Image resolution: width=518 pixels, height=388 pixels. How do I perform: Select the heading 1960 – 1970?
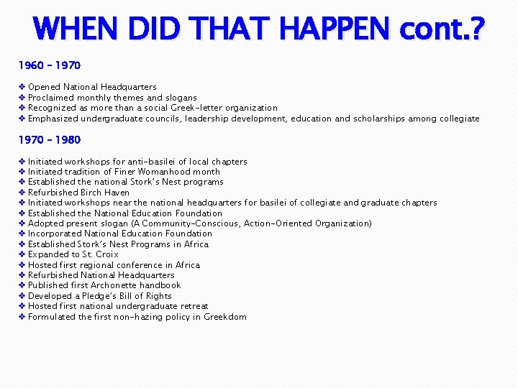pos(49,65)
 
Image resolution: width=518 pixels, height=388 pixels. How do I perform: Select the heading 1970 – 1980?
pos(49,139)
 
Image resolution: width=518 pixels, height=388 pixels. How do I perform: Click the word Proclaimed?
pos(50,98)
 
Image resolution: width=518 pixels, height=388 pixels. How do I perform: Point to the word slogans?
pos(181,98)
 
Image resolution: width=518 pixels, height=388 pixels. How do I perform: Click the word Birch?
pos(90,193)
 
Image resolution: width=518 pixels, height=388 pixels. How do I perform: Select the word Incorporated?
pos(55,234)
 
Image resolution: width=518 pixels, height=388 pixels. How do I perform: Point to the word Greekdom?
pos(225,317)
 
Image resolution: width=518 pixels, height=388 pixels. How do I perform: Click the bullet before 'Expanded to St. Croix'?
pos(22,254)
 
